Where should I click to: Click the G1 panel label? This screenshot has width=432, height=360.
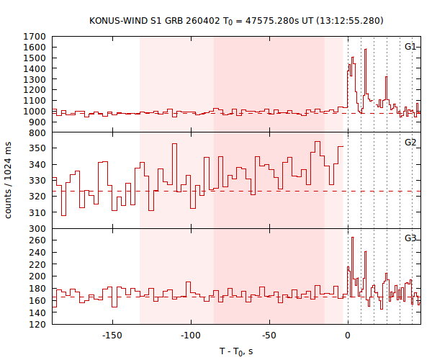coord(410,47)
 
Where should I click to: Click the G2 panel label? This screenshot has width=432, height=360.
coord(410,143)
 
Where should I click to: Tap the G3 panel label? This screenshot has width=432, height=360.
coord(410,238)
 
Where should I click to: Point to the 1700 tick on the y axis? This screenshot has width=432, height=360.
coord(36,37)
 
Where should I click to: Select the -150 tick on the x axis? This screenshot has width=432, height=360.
coord(111,336)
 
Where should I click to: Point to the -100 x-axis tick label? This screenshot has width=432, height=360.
coord(190,336)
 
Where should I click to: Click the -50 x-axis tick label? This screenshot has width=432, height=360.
coord(269,336)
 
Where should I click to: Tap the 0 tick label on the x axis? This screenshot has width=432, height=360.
coord(348,336)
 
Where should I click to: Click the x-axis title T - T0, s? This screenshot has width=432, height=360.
coord(236,351)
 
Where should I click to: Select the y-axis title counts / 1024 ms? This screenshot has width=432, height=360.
coord(9,180)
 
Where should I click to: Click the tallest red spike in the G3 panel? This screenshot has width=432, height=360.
coord(352,238)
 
